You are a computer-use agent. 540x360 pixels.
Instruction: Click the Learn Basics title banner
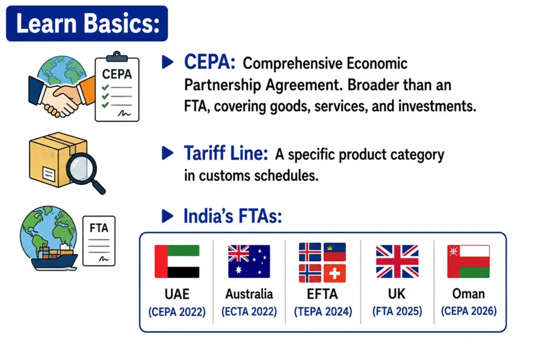point(87,23)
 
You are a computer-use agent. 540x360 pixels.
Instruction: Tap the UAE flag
point(177,261)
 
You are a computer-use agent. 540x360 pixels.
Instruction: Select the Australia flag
point(249,261)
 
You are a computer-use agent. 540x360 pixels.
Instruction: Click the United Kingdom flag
point(397,261)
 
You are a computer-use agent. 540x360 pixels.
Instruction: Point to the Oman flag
point(468,261)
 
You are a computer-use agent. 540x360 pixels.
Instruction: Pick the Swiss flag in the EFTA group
point(334,274)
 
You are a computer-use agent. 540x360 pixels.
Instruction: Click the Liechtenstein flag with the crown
point(334,252)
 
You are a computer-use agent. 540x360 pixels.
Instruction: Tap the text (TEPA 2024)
point(323,312)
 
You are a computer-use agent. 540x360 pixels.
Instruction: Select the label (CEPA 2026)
point(469,311)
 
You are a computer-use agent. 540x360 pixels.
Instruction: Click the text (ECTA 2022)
point(249,312)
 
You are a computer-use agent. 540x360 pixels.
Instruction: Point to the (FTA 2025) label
point(397,311)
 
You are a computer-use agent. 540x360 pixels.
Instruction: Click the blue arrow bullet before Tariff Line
point(167,153)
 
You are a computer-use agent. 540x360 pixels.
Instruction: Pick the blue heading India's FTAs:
point(233,216)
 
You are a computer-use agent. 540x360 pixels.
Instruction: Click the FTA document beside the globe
point(99,241)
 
